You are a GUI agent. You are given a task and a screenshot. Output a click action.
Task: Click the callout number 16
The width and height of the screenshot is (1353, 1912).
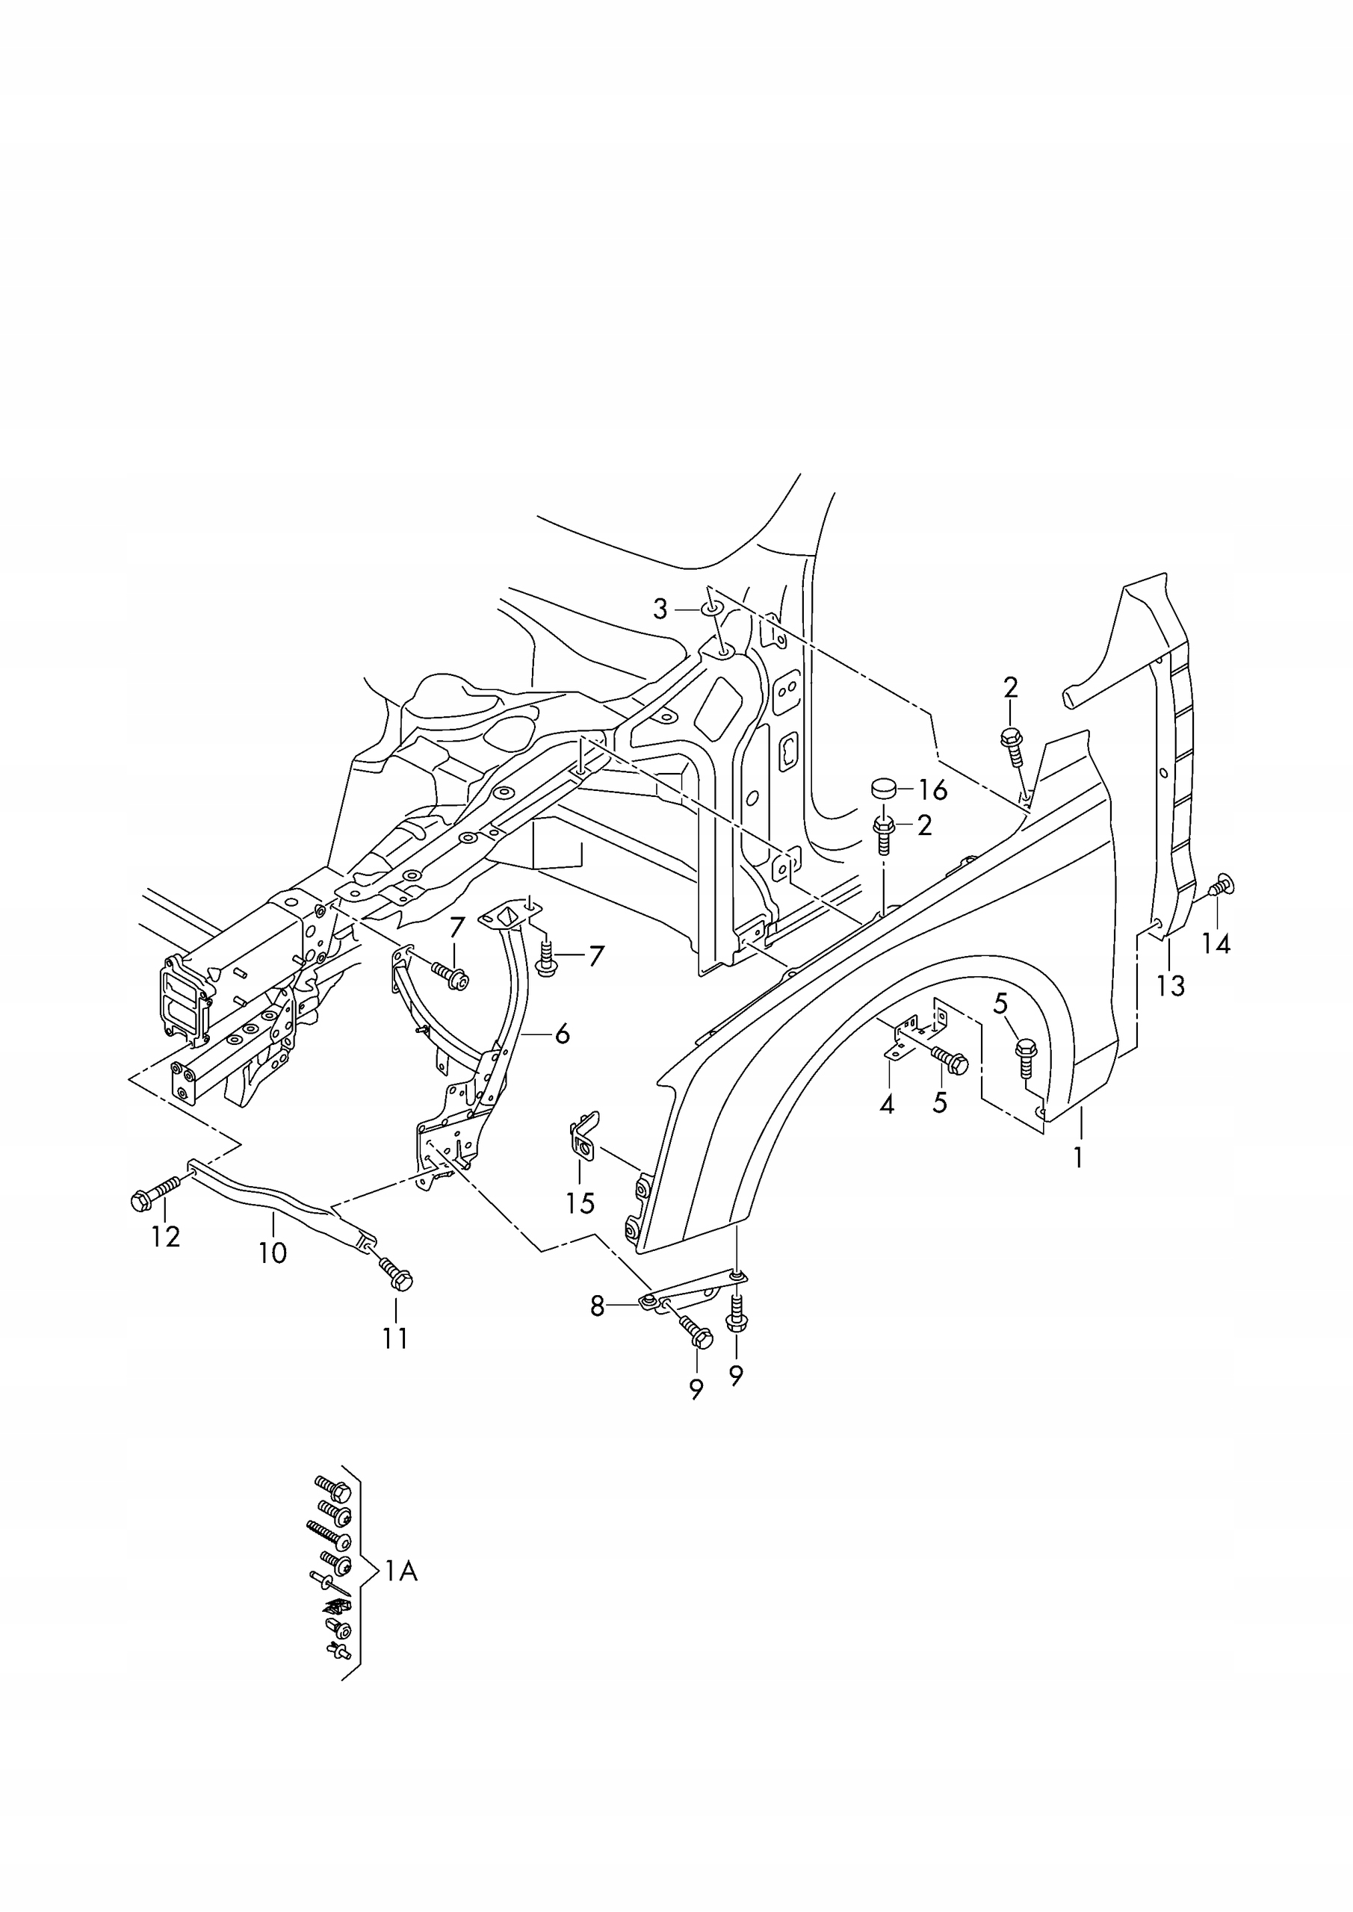tap(933, 790)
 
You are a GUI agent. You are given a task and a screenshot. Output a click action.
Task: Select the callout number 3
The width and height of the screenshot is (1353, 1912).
tap(660, 609)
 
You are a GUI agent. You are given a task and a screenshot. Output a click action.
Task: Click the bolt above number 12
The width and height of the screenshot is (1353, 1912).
tap(155, 1195)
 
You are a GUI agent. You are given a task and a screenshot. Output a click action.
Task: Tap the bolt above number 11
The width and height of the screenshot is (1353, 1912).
tap(397, 1273)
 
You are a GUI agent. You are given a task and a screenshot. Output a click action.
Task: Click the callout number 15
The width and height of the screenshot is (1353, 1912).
tap(580, 1202)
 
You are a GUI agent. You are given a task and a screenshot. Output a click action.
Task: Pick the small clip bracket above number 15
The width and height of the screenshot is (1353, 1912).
tap(584, 1137)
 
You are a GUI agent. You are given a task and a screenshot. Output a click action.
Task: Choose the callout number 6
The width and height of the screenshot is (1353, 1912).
tap(563, 1034)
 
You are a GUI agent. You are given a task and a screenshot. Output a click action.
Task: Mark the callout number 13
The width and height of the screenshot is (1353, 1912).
tap(1171, 986)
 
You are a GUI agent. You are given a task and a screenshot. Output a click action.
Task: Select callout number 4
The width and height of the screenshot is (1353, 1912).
tap(887, 1105)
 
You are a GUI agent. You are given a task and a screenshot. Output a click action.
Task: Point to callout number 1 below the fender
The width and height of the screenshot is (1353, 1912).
tap(1078, 1158)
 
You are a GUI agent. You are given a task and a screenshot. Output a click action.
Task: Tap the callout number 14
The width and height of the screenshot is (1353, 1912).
tap(1216, 943)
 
